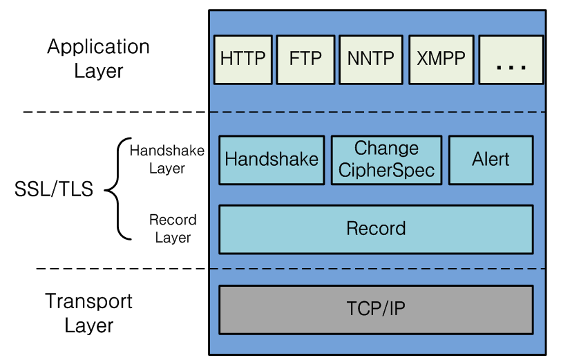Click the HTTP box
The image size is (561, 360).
(x=243, y=59)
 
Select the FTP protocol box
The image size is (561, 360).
(x=305, y=59)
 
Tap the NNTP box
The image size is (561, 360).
(x=370, y=59)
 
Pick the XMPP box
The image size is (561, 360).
(x=441, y=59)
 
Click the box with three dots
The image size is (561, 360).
(x=511, y=59)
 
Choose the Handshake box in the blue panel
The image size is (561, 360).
(x=272, y=160)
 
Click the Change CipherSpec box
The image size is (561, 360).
(x=386, y=160)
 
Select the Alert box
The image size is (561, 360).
(x=491, y=160)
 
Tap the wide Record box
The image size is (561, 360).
(x=376, y=229)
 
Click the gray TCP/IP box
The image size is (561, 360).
(x=376, y=309)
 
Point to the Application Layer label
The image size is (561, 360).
(x=98, y=58)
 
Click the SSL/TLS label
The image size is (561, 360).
(x=54, y=189)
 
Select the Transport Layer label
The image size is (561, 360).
(x=88, y=313)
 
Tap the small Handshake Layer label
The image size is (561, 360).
(x=158, y=159)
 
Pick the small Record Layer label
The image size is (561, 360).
(x=173, y=229)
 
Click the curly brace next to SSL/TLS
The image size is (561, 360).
(x=118, y=189)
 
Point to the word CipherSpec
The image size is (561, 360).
(x=386, y=170)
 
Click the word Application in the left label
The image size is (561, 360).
(x=98, y=47)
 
